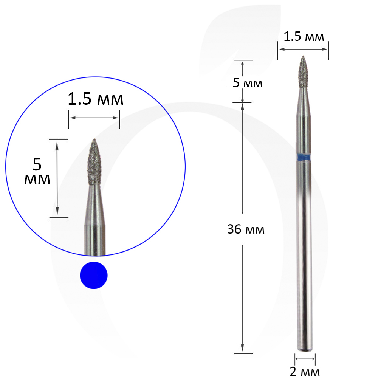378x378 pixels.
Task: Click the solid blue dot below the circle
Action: click(x=94, y=275)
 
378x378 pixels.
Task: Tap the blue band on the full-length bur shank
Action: click(x=304, y=157)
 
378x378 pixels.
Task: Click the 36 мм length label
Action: click(x=246, y=229)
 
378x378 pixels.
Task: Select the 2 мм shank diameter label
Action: click(x=305, y=372)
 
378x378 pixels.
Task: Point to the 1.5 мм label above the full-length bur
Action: click(x=304, y=36)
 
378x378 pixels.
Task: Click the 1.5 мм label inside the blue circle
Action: click(x=96, y=99)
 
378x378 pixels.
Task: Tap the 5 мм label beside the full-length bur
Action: click(x=247, y=83)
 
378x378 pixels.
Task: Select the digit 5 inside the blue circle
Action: click(x=37, y=164)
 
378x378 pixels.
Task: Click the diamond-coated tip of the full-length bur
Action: click(x=303, y=72)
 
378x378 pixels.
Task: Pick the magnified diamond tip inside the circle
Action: click(x=94, y=162)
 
